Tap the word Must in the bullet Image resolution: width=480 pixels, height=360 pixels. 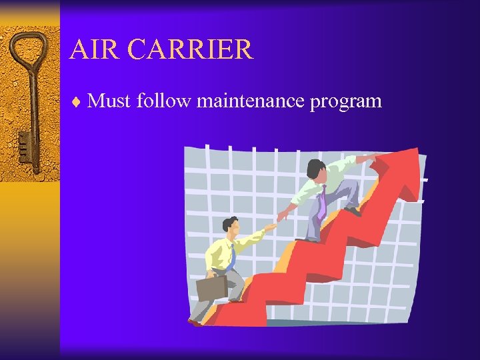pos(110,101)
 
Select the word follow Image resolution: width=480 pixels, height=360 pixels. pos(164,101)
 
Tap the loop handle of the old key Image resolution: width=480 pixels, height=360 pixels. pos(28,50)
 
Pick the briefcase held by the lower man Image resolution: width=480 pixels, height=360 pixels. pos(211,287)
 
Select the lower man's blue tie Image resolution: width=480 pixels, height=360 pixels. pos(231,257)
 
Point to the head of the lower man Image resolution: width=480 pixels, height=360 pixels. pos(231,226)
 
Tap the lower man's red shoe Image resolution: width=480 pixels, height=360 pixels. pos(194,323)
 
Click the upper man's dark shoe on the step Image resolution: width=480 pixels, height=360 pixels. pos(352,211)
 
